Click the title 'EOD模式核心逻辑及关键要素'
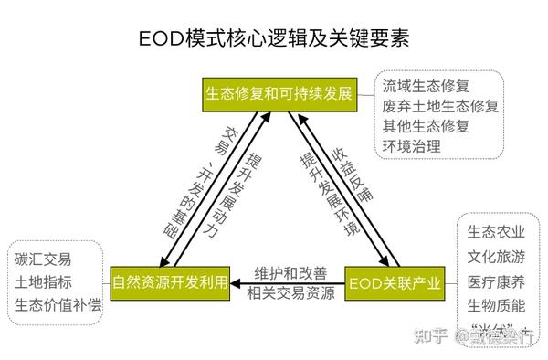pyautogui.click(x=274, y=40)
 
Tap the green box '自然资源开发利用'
pyautogui.click(x=169, y=281)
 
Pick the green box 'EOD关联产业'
pyautogui.click(x=394, y=281)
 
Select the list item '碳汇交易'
pyautogui.click(x=44, y=259)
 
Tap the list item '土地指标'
pyautogui.click(x=44, y=281)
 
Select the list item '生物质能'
pyautogui.click(x=496, y=304)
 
